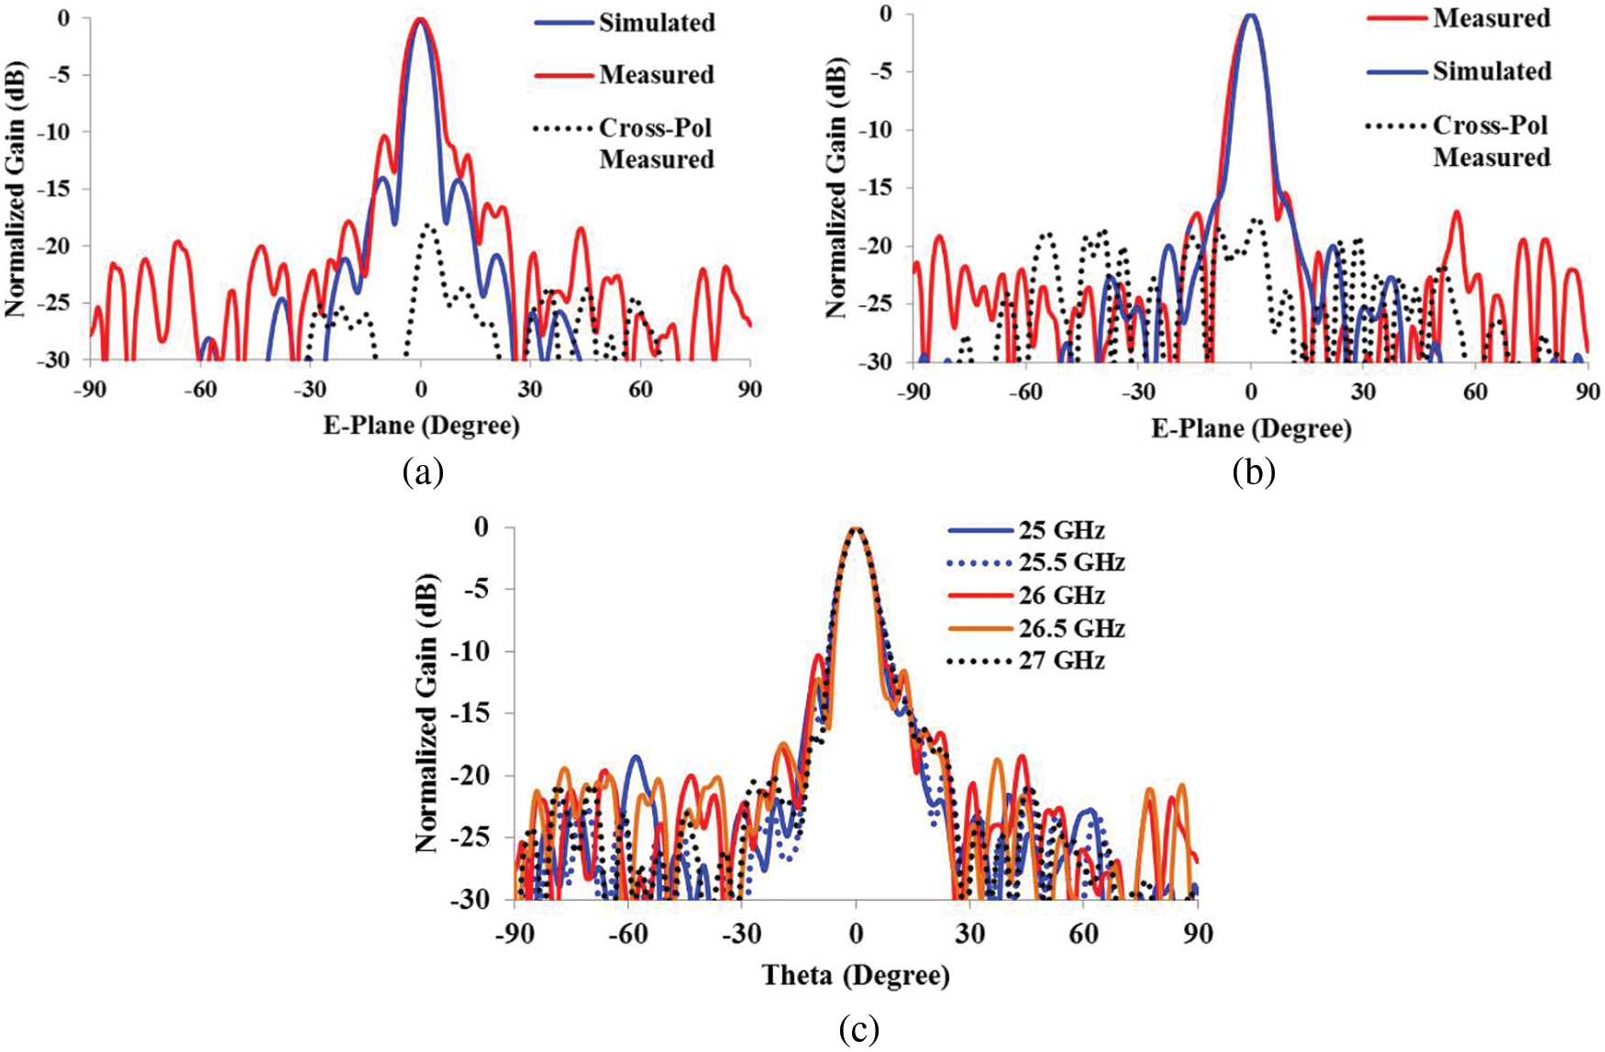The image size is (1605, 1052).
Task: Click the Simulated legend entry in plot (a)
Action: click(657, 22)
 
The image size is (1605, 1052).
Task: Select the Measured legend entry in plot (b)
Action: click(1491, 18)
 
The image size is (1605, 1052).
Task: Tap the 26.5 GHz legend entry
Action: click(1071, 628)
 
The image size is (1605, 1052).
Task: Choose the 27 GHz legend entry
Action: click(1061, 660)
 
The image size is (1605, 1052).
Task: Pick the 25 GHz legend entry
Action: click(1061, 530)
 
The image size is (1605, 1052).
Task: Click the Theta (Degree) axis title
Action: click(856, 975)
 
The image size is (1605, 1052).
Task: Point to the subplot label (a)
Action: click(423, 472)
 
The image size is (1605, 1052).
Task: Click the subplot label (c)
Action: click(858, 1029)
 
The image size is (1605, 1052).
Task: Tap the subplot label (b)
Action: click(1254, 472)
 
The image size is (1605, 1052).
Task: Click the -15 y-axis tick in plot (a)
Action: click(56, 189)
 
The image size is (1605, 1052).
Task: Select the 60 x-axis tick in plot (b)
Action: click(1475, 392)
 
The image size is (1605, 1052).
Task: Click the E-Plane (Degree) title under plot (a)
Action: click(421, 426)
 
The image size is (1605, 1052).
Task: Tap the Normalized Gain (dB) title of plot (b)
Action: click(836, 188)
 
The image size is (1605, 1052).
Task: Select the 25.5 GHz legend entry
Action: click(1071, 562)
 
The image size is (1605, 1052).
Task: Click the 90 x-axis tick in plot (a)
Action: click(750, 390)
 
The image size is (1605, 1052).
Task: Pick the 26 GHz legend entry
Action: click(1061, 595)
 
